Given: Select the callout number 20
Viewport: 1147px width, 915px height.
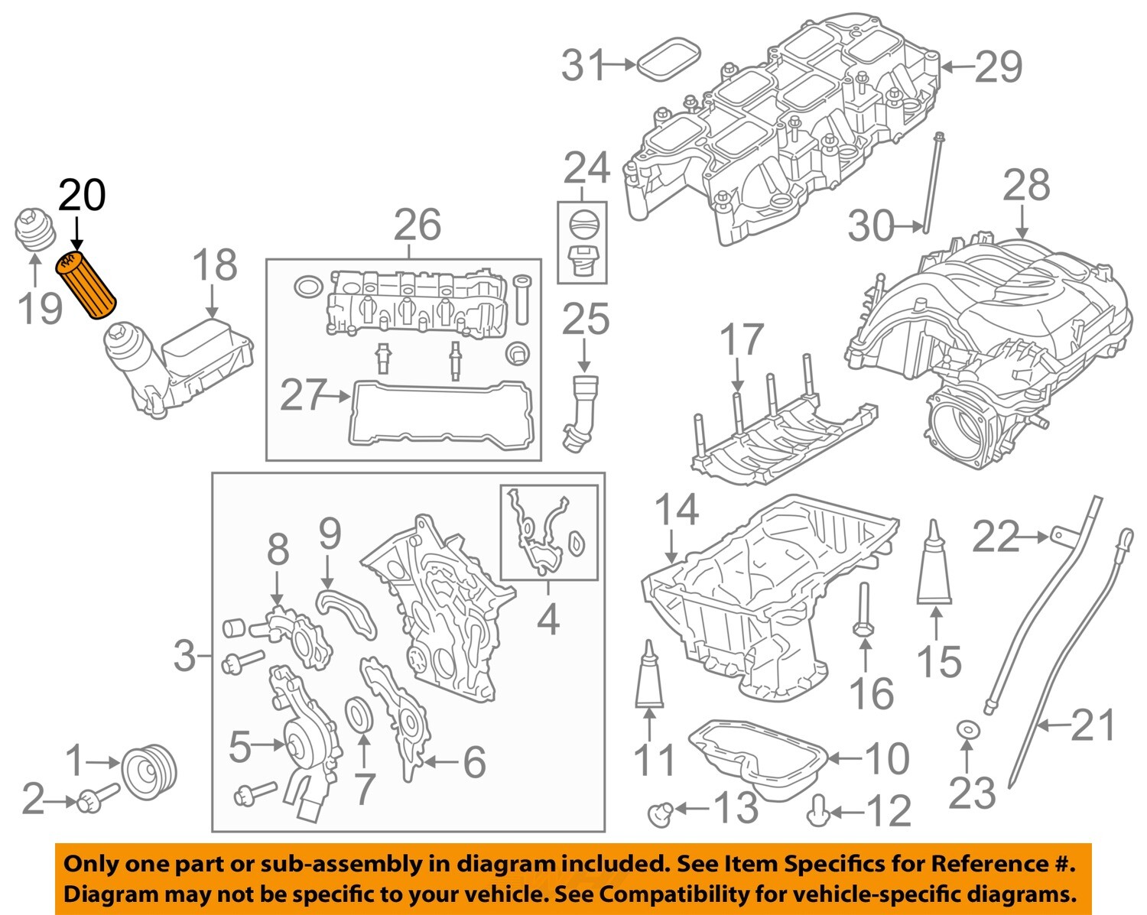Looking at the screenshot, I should (82, 196).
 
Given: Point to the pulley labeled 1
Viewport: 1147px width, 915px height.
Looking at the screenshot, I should (149, 773).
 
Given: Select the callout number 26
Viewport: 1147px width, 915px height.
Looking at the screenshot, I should (418, 225).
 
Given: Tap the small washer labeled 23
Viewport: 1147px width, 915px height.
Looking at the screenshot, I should (967, 731).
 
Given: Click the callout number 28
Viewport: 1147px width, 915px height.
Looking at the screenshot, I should (1026, 186).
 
